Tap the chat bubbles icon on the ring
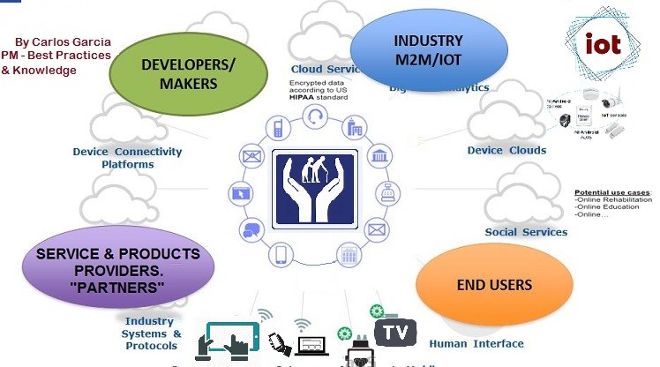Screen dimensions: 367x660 [250, 231]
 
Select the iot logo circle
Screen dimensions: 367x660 [603, 42]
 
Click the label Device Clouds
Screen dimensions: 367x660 [506, 150]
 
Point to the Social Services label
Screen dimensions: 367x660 [526, 232]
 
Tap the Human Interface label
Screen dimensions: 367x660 [476, 343]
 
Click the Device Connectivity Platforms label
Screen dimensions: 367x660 [127, 158]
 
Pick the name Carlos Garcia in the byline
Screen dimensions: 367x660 [75, 42]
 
